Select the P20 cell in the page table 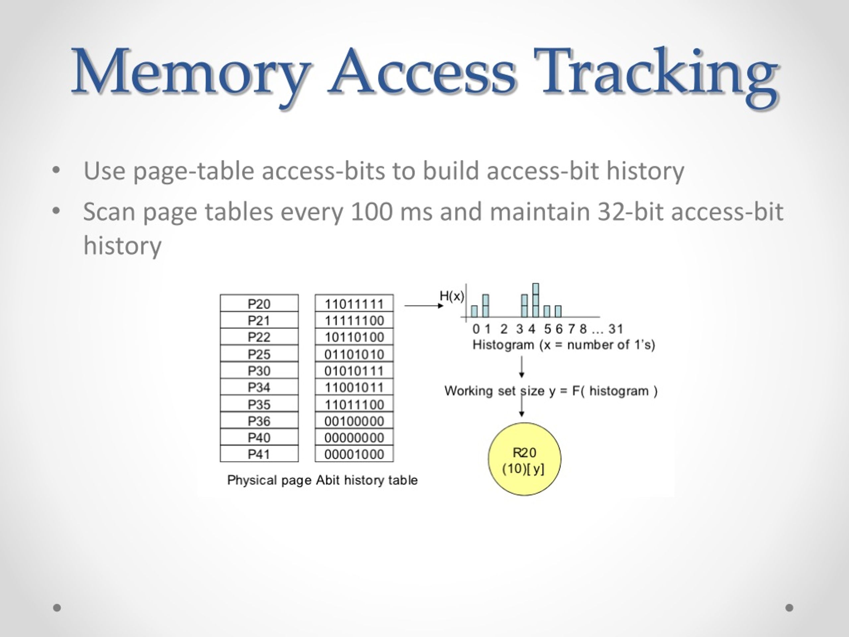pos(259,303)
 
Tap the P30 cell pos(259,371)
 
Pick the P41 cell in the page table pos(259,454)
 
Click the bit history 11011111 pos(354,303)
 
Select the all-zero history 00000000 pos(354,437)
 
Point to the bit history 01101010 pos(354,354)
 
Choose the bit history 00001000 pos(354,454)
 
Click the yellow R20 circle pos(524,459)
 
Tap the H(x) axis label pos(452,296)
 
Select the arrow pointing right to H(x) pos(424,306)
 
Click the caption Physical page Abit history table pos(322,480)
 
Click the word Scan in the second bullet pos(109,212)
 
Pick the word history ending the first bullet pos(645,171)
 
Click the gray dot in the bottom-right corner pos(789,607)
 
